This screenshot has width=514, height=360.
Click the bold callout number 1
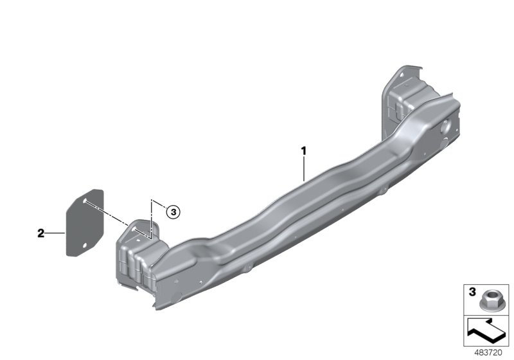(x=303, y=151)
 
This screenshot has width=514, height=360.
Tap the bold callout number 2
(x=40, y=233)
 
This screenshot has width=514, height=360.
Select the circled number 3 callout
(x=173, y=212)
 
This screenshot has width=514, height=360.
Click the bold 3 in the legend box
(x=472, y=291)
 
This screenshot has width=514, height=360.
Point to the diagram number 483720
(x=488, y=352)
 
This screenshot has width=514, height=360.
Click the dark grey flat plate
(x=85, y=222)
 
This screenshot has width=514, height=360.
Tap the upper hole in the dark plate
(x=85, y=201)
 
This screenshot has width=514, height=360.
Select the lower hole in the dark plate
(x=85, y=245)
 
